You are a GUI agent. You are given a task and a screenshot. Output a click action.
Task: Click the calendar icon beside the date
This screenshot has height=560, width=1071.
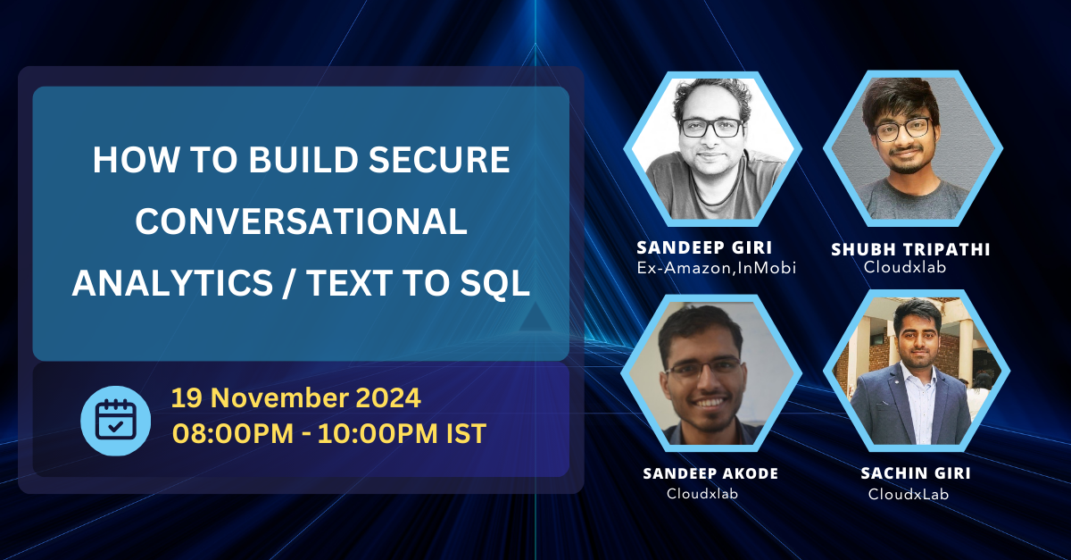(115, 421)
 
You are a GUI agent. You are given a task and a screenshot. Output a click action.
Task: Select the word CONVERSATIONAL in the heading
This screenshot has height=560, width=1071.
(302, 221)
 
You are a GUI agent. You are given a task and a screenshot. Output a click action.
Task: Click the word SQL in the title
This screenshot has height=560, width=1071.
(494, 283)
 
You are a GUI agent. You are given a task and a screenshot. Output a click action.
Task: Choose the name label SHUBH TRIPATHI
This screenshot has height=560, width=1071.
(910, 249)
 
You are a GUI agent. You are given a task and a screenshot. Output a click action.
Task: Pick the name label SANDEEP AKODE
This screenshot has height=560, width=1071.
(710, 473)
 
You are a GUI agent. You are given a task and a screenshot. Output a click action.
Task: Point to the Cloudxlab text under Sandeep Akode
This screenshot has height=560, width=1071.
(702, 493)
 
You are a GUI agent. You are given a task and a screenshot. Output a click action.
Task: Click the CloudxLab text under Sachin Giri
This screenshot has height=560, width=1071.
(908, 493)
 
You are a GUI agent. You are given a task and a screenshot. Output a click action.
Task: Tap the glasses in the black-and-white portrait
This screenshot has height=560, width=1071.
(711, 127)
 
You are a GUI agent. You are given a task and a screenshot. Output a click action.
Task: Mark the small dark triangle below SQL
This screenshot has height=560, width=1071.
(534, 318)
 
